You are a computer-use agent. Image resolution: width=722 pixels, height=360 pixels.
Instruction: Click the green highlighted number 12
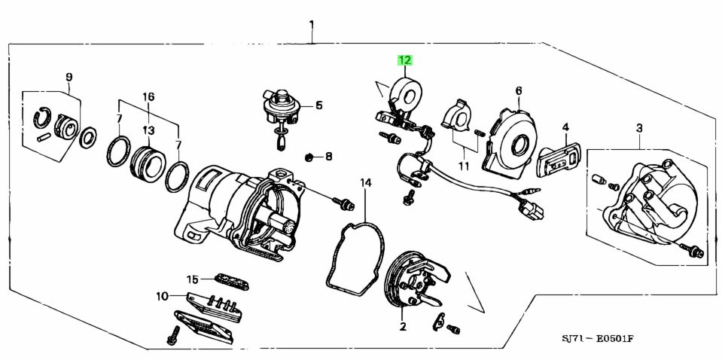(405, 60)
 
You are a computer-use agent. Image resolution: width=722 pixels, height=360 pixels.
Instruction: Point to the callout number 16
(148, 96)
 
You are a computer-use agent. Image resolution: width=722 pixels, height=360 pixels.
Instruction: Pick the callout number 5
(318, 105)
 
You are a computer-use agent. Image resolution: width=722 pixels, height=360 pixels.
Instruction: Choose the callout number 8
(327, 157)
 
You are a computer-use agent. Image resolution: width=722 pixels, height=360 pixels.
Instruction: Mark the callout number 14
(365, 182)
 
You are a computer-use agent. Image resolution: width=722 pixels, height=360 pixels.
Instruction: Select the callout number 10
(162, 296)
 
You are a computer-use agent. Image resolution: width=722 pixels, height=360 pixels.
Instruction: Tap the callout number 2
(402, 326)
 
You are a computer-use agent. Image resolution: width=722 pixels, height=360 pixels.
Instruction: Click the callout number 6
(519, 90)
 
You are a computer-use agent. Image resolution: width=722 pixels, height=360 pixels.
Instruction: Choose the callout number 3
(639, 129)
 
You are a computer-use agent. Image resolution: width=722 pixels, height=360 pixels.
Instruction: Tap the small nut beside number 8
(309, 157)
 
